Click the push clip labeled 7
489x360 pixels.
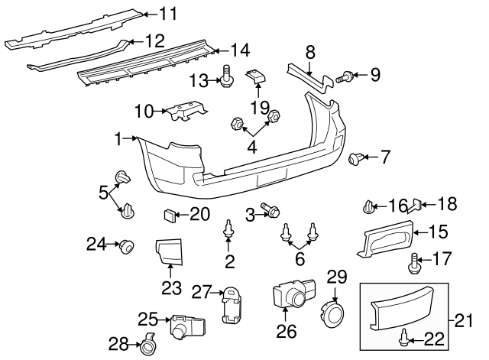click(355, 158)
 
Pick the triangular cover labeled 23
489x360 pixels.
click(167, 251)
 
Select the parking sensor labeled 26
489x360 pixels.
click(290, 294)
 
